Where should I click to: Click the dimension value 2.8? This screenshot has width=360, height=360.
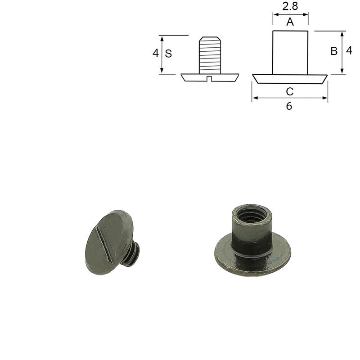point(290,6)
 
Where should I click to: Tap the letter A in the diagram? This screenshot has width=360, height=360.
point(290,22)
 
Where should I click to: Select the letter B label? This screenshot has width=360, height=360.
point(334,51)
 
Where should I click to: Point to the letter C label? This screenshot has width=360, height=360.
point(290,92)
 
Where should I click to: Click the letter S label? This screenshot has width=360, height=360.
point(168,54)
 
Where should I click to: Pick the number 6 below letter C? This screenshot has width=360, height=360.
point(289,106)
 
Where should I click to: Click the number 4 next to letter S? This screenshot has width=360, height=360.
point(156,53)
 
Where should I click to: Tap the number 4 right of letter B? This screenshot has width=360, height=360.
point(349,51)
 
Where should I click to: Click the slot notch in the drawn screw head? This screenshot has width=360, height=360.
point(210,79)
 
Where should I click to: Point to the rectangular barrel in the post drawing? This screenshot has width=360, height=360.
point(290,52)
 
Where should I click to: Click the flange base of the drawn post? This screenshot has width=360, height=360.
point(290,79)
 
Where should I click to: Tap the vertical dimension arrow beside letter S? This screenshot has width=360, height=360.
point(162,54)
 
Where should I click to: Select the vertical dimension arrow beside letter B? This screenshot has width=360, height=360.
point(342,52)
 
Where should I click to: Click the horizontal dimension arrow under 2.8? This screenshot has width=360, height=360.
point(290,14)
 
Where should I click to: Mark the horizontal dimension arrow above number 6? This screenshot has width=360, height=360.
point(290,98)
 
